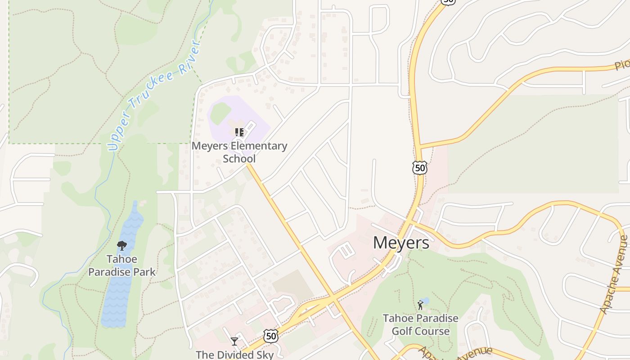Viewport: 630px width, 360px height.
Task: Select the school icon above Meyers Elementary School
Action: (x=239, y=132)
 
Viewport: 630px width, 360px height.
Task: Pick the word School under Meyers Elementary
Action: (x=239, y=158)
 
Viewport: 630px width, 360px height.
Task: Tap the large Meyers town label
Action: (x=401, y=243)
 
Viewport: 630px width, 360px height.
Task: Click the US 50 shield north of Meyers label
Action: (x=419, y=168)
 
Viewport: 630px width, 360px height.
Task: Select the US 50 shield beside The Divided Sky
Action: (x=270, y=336)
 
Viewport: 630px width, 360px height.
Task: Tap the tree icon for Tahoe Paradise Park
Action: (x=121, y=246)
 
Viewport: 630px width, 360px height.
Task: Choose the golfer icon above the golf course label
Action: (x=420, y=305)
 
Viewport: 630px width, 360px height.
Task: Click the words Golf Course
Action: (x=420, y=331)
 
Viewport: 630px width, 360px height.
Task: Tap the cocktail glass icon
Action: (x=234, y=341)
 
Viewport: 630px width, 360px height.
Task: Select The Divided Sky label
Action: (x=234, y=355)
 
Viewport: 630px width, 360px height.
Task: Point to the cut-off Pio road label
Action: (x=622, y=64)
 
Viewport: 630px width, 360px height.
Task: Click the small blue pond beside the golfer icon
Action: (x=426, y=300)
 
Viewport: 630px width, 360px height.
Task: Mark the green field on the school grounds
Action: (x=220, y=112)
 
